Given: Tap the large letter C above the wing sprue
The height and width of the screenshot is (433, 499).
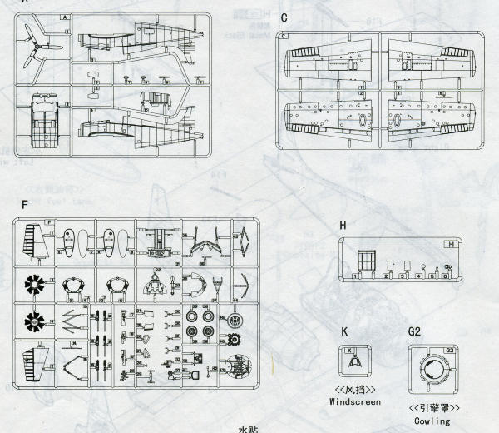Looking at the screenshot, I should (284, 17).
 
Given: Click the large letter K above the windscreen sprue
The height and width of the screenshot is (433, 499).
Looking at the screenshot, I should (344, 331).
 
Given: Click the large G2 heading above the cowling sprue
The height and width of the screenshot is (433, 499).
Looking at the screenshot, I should (415, 331).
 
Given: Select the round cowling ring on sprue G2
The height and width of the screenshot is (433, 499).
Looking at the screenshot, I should (432, 370).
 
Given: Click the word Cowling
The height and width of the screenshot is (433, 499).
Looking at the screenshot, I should (432, 421).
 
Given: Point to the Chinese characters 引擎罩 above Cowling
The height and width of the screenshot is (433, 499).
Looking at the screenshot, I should (432, 407).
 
